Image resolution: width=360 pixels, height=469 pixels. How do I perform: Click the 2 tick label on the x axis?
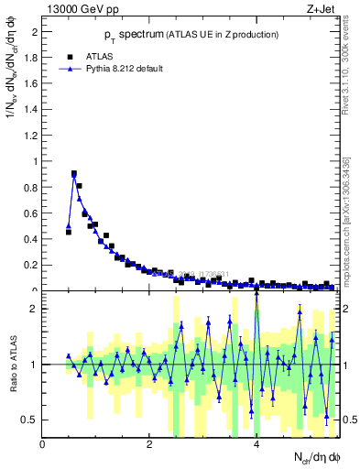click(x=149, y=444)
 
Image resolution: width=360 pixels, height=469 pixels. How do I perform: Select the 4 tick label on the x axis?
click(x=256, y=444)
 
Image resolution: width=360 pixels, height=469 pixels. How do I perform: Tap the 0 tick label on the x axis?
click(x=42, y=444)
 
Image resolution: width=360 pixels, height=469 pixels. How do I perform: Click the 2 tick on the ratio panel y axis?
click(x=33, y=309)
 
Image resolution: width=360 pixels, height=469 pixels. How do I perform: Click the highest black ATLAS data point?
click(x=74, y=173)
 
